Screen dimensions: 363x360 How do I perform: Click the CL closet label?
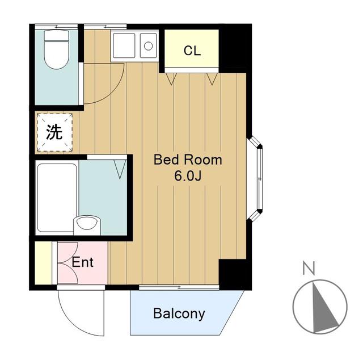(x=192, y=51)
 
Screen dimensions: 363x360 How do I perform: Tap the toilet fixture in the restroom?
(x=57, y=49)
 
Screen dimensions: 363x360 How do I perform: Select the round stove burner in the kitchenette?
(x=148, y=46)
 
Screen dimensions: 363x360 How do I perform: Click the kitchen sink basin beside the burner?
(x=124, y=45)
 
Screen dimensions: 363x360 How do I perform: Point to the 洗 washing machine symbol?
(x=54, y=132)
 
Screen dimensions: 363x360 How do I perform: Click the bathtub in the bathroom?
(x=57, y=198)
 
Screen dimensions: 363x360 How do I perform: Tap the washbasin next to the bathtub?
(x=87, y=225)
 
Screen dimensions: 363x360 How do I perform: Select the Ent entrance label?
(x=83, y=262)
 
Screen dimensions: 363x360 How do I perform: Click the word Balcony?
(x=179, y=314)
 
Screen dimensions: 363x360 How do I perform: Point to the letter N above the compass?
(x=309, y=268)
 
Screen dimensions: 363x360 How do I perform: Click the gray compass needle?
(x=324, y=307)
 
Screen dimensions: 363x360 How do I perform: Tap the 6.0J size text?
(x=188, y=177)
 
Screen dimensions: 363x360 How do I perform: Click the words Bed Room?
(x=188, y=160)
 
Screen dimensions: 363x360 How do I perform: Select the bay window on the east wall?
(x=255, y=179)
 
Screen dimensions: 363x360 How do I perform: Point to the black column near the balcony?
(x=235, y=274)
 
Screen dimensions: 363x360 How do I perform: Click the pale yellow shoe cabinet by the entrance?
(x=43, y=263)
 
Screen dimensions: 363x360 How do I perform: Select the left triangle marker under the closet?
(x=171, y=79)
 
